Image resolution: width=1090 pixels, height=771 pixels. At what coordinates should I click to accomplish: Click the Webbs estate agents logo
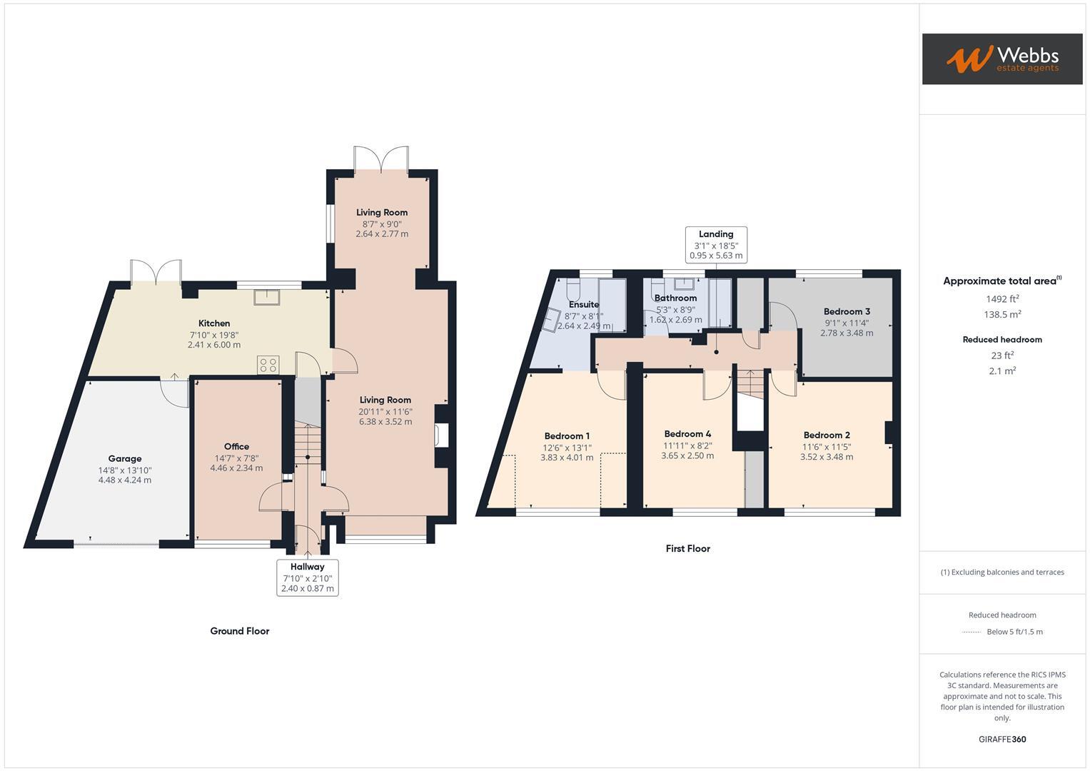click(1001, 59)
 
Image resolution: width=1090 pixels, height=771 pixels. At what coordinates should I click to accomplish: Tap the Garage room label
click(125, 458)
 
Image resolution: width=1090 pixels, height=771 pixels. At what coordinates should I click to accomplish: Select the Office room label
click(236, 446)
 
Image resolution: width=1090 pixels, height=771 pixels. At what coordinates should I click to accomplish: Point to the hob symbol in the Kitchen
click(268, 366)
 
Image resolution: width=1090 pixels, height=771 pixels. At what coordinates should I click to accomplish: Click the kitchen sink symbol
click(266, 296)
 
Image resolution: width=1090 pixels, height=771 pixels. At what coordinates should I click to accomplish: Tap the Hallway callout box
click(307, 578)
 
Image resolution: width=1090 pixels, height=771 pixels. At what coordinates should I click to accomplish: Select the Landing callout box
click(716, 244)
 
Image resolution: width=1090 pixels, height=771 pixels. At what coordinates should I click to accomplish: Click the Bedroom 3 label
click(847, 311)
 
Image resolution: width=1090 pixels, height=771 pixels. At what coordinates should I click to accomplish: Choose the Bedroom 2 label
click(827, 435)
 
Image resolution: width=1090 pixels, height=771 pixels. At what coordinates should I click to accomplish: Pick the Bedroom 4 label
click(687, 433)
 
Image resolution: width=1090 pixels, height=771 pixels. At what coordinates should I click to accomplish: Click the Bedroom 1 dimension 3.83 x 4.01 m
click(567, 458)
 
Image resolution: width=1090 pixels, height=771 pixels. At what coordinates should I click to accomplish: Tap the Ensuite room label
click(583, 304)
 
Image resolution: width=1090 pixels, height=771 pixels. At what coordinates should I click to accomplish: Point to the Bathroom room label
click(675, 298)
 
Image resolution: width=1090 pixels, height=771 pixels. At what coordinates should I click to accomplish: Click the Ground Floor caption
click(239, 631)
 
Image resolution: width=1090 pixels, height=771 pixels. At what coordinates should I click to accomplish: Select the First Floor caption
click(687, 548)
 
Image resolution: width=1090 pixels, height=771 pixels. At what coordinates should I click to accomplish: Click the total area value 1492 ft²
click(1001, 299)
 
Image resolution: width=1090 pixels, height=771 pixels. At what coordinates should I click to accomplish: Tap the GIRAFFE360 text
click(1001, 739)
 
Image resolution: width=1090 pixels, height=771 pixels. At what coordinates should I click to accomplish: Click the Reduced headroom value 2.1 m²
click(1001, 371)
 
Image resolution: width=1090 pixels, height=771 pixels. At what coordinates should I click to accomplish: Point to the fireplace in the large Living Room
click(440, 435)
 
